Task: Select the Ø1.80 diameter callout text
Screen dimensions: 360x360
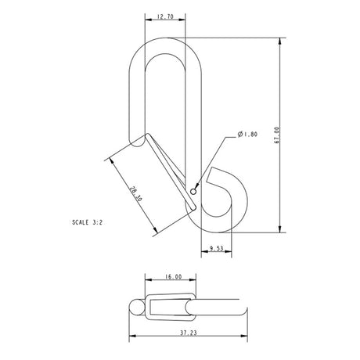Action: (x=246, y=135)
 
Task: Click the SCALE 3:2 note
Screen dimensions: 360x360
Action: (x=86, y=222)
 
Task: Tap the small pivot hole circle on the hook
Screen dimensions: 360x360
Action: (x=193, y=189)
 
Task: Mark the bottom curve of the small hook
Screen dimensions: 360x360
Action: (x=222, y=229)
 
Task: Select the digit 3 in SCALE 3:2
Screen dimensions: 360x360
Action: (x=94, y=222)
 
